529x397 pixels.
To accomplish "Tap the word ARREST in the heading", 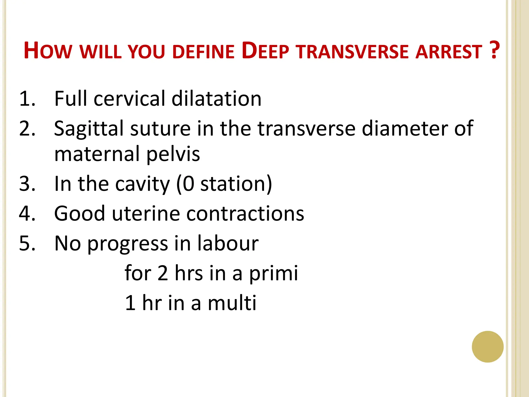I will [x=449, y=52].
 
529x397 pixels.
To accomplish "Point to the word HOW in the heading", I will [x=48, y=51].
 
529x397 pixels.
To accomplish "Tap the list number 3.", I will [x=27, y=184].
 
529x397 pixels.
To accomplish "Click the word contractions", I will [x=245, y=214].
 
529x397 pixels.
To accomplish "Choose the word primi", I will [x=273, y=273].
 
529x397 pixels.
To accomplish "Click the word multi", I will [x=232, y=303].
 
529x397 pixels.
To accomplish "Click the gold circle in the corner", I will [x=487, y=347].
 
